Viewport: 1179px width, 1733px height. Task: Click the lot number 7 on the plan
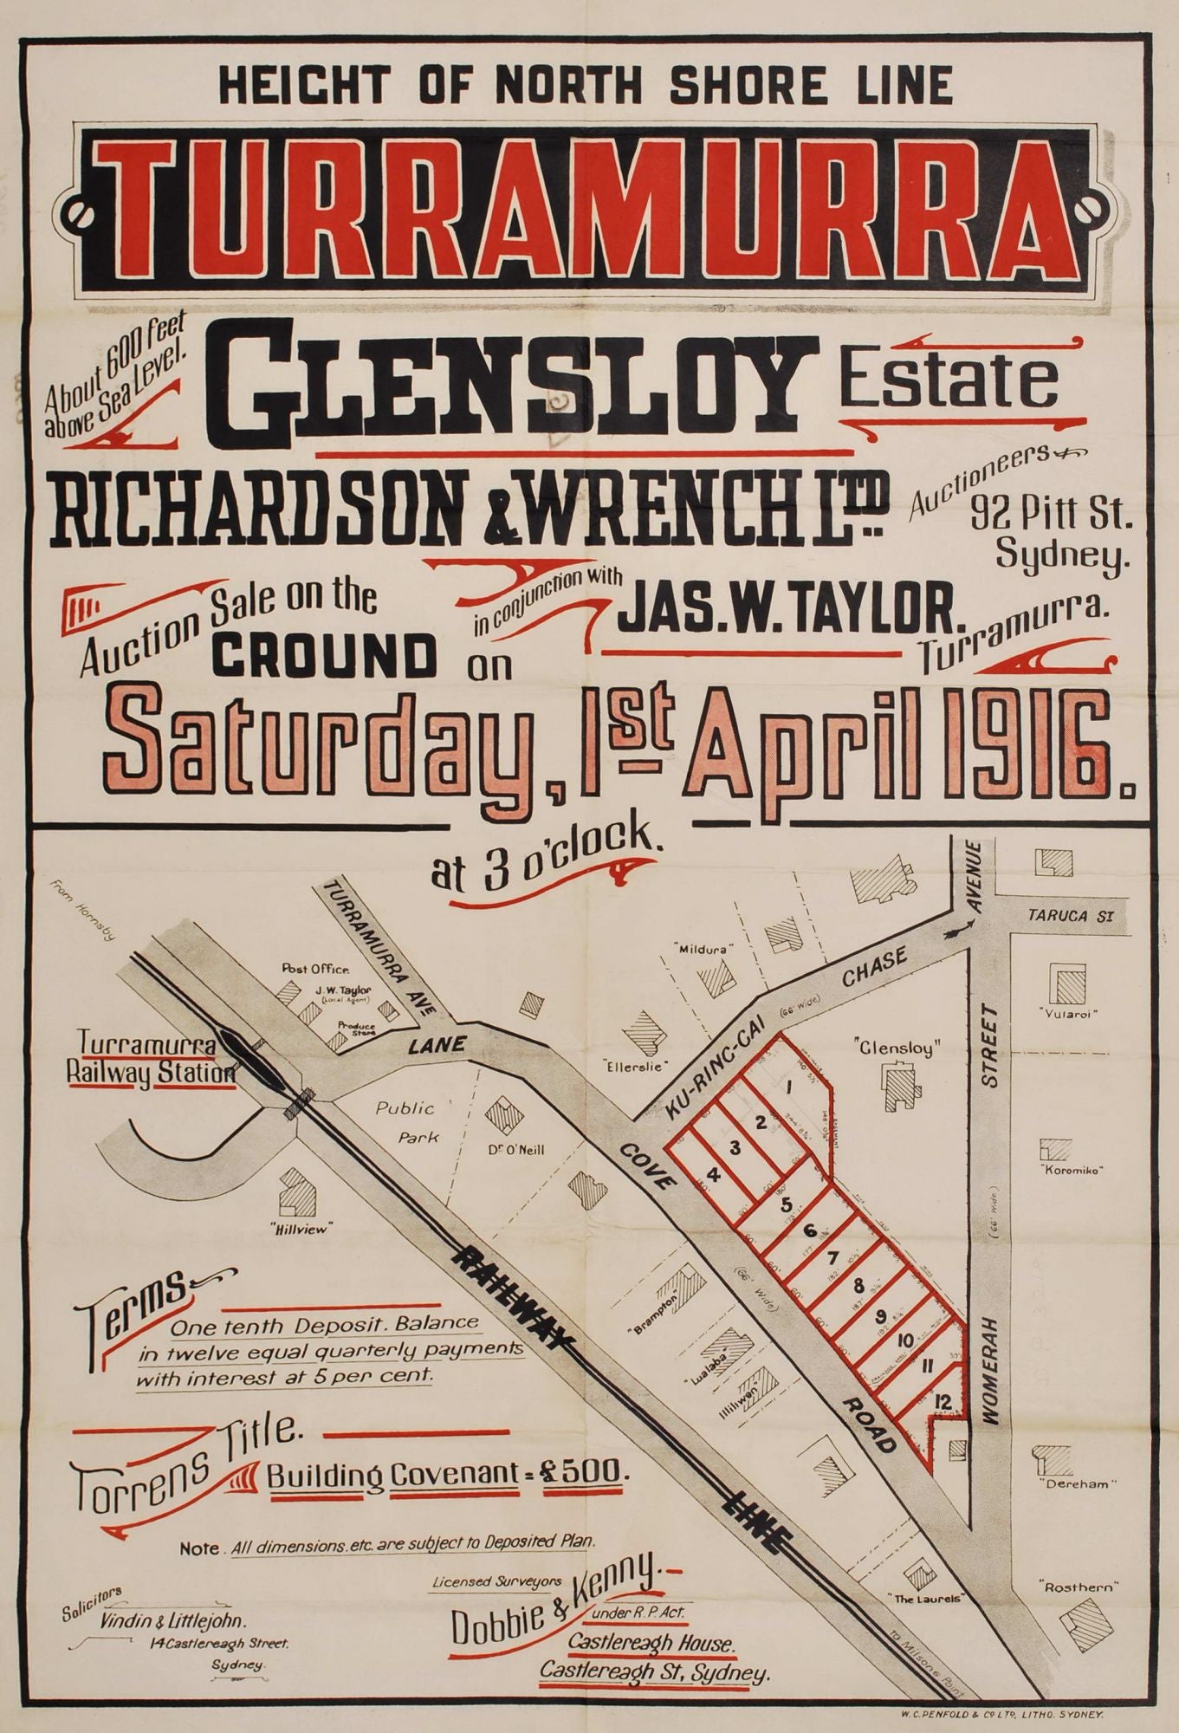tap(833, 1258)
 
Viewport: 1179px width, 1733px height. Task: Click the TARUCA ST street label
tap(1068, 916)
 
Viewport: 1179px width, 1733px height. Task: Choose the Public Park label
tap(405, 1121)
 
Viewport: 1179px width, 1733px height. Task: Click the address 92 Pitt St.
tap(1050, 517)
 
